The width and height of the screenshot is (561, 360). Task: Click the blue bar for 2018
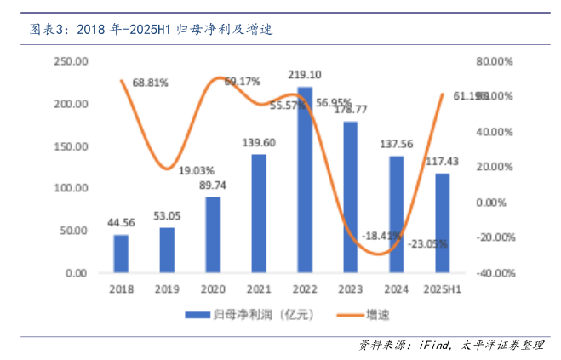pos(121,254)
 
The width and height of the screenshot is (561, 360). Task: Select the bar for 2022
pos(305,180)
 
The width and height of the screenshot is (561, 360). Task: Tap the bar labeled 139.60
pos(259,214)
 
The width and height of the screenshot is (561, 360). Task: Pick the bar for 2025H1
pos(443,223)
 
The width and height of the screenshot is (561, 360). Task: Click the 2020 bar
pos(213,235)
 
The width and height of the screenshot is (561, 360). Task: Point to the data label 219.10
pos(305,76)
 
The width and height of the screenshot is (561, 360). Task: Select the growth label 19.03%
pos(197,169)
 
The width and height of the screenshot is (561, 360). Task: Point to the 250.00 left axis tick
pos(71,61)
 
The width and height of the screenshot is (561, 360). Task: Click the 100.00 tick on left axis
pos(71,188)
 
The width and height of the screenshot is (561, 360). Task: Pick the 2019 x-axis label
pos(167,289)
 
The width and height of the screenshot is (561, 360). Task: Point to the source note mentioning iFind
pos(449,345)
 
